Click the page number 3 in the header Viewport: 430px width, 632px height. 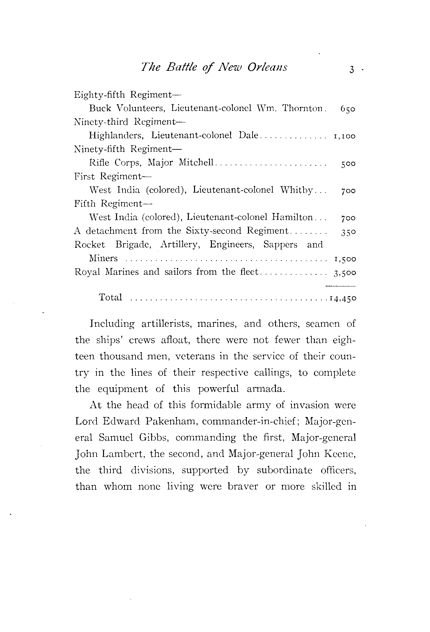click(x=351, y=70)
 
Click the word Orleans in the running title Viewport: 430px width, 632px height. click(x=267, y=67)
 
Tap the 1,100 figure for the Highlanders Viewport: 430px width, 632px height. click(x=345, y=136)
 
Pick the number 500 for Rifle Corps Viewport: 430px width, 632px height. click(x=348, y=164)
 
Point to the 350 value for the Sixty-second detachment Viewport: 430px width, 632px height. click(x=348, y=232)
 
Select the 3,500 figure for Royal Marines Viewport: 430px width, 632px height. click(x=345, y=272)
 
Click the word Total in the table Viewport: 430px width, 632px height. click(x=111, y=297)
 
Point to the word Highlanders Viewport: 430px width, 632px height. click(x=117, y=135)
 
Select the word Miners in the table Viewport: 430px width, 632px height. click(x=103, y=258)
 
